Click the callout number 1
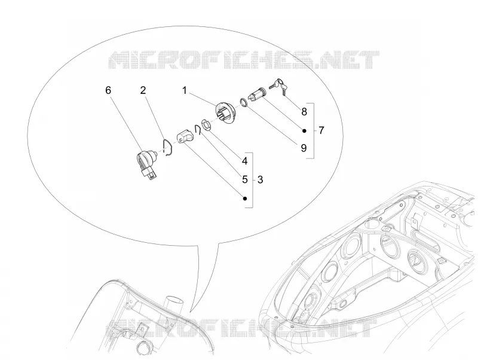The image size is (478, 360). pos(185,91)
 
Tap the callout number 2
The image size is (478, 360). pos(143,90)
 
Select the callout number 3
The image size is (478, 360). pos(260,179)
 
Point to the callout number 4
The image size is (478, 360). pos(245,161)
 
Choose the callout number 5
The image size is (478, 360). pos(245,179)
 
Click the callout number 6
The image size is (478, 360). pos(108,90)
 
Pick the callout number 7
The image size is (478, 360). pos(321,130)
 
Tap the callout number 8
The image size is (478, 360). pos(304,112)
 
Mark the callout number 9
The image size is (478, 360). pos(304,148)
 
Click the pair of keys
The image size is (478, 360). pos(278,85)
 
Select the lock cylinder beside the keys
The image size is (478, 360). pos(257,93)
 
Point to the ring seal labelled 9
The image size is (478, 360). pos(243,102)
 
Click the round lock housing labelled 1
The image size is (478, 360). pos(225,114)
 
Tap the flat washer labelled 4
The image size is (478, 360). pos(206,125)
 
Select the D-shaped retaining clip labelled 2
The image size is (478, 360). pos(167,147)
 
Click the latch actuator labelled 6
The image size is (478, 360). pos(146,164)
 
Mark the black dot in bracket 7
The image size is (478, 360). pos(304,130)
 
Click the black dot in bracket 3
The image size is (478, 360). pos(245,199)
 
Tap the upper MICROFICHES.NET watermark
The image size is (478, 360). pos(244,60)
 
